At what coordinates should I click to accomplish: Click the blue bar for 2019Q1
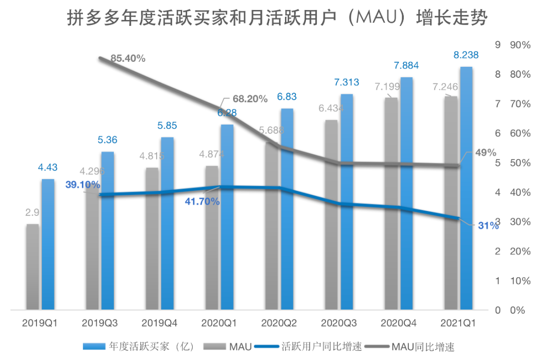tap(47, 244)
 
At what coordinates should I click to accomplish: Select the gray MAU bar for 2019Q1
tap(32, 267)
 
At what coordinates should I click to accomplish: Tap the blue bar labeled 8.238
tap(466, 189)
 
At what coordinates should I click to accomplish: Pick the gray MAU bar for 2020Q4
tap(391, 204)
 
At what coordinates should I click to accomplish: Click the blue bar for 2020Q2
tap(287, 209)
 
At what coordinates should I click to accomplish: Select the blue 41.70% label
tap(202, 201)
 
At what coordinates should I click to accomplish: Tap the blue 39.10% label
tap(82, 184)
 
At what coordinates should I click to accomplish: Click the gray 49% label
tap(485, 152)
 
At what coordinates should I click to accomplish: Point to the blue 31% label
tap(488, 226)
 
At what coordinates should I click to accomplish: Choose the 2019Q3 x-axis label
tap(99, 323)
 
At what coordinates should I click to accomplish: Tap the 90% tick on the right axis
tap(520, 45)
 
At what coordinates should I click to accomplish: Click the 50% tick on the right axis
tap(520, 163)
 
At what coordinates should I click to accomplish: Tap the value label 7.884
tap(406, 65)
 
